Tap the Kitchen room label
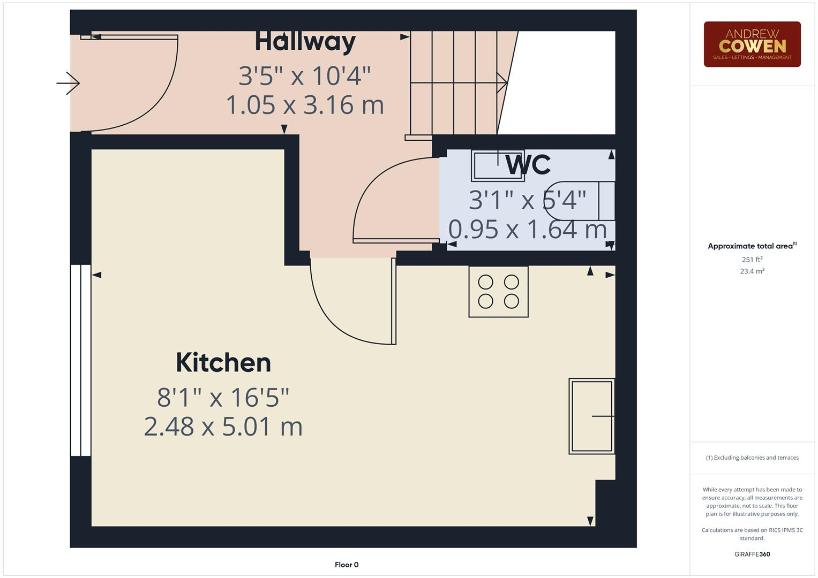pyautogui.click(x=223, y=363)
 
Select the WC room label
pyautogui.click(x=528, y=165)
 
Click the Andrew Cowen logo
pyautogui.click(x=752, y=44)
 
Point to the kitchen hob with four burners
pyautogui.click(x=499, y=292)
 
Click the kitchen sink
pyautogui.click(x=591, y=416)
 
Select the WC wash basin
pyautogui.click(x=498, y=166)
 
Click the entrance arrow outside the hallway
pyautogui.click(x=68, y=83)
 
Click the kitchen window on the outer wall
pyautogui.click(x=81, y=361)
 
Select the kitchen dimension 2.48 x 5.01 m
pyautogui.click(x=223, y=427)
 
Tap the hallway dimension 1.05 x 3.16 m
pyautogui.click(x=305, y=105)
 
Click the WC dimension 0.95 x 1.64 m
pyautogui.click(x=527, y=230)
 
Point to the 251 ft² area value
pyautogui.click(x=752, y=260)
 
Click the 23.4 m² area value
pyautogui.click(x=752, y=271)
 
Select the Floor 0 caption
pyautogui.click(x=347, y=565)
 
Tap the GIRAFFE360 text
pyautogui.click(x=752, y=554)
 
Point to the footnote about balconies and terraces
pyautogui.click(x=752, y=458)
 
